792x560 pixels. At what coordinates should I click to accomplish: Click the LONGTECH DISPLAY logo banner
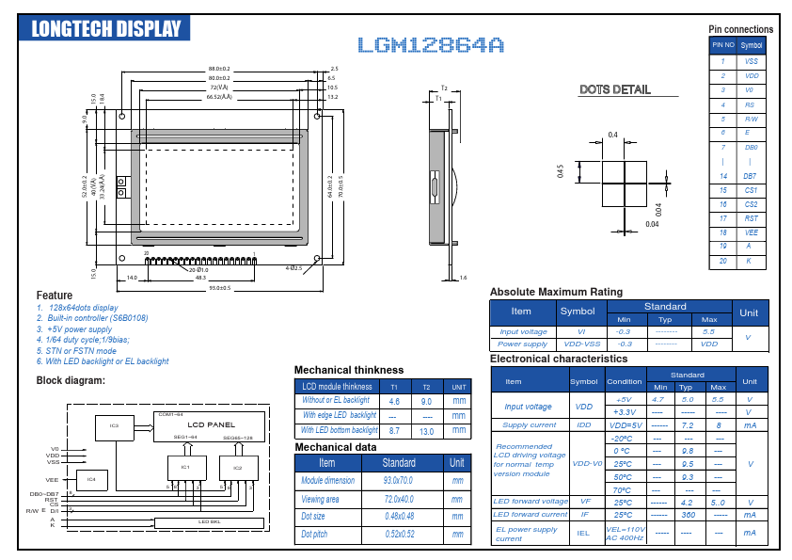pos(104,27)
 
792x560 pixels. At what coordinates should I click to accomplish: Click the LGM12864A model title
pos(431,44)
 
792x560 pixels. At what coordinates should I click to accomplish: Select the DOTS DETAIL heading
pos(614,89)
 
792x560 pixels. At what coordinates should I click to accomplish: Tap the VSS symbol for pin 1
pos(751,61)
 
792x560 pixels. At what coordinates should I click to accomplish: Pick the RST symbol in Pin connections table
pos(751,218)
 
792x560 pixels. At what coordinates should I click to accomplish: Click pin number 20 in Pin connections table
pos(723,261)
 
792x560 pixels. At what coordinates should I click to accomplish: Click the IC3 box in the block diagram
pos(114,426)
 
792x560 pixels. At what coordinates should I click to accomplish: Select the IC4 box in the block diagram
pos(91,480)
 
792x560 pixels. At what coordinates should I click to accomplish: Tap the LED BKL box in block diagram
pos(209,521)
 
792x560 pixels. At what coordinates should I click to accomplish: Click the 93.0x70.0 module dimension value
pos(399,480)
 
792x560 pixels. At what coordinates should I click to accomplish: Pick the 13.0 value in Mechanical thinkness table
pos(426,430)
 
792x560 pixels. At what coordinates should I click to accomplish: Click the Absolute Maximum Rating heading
pos(556,292)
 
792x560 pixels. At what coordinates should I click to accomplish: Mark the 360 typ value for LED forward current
pos(688,515)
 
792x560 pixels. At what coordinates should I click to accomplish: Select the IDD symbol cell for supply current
pos(584,425)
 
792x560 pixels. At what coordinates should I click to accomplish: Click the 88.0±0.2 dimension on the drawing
pos(218,69)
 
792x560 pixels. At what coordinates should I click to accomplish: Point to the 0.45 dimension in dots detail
pos(561,171)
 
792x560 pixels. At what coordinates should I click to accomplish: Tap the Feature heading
pos(55,296)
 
